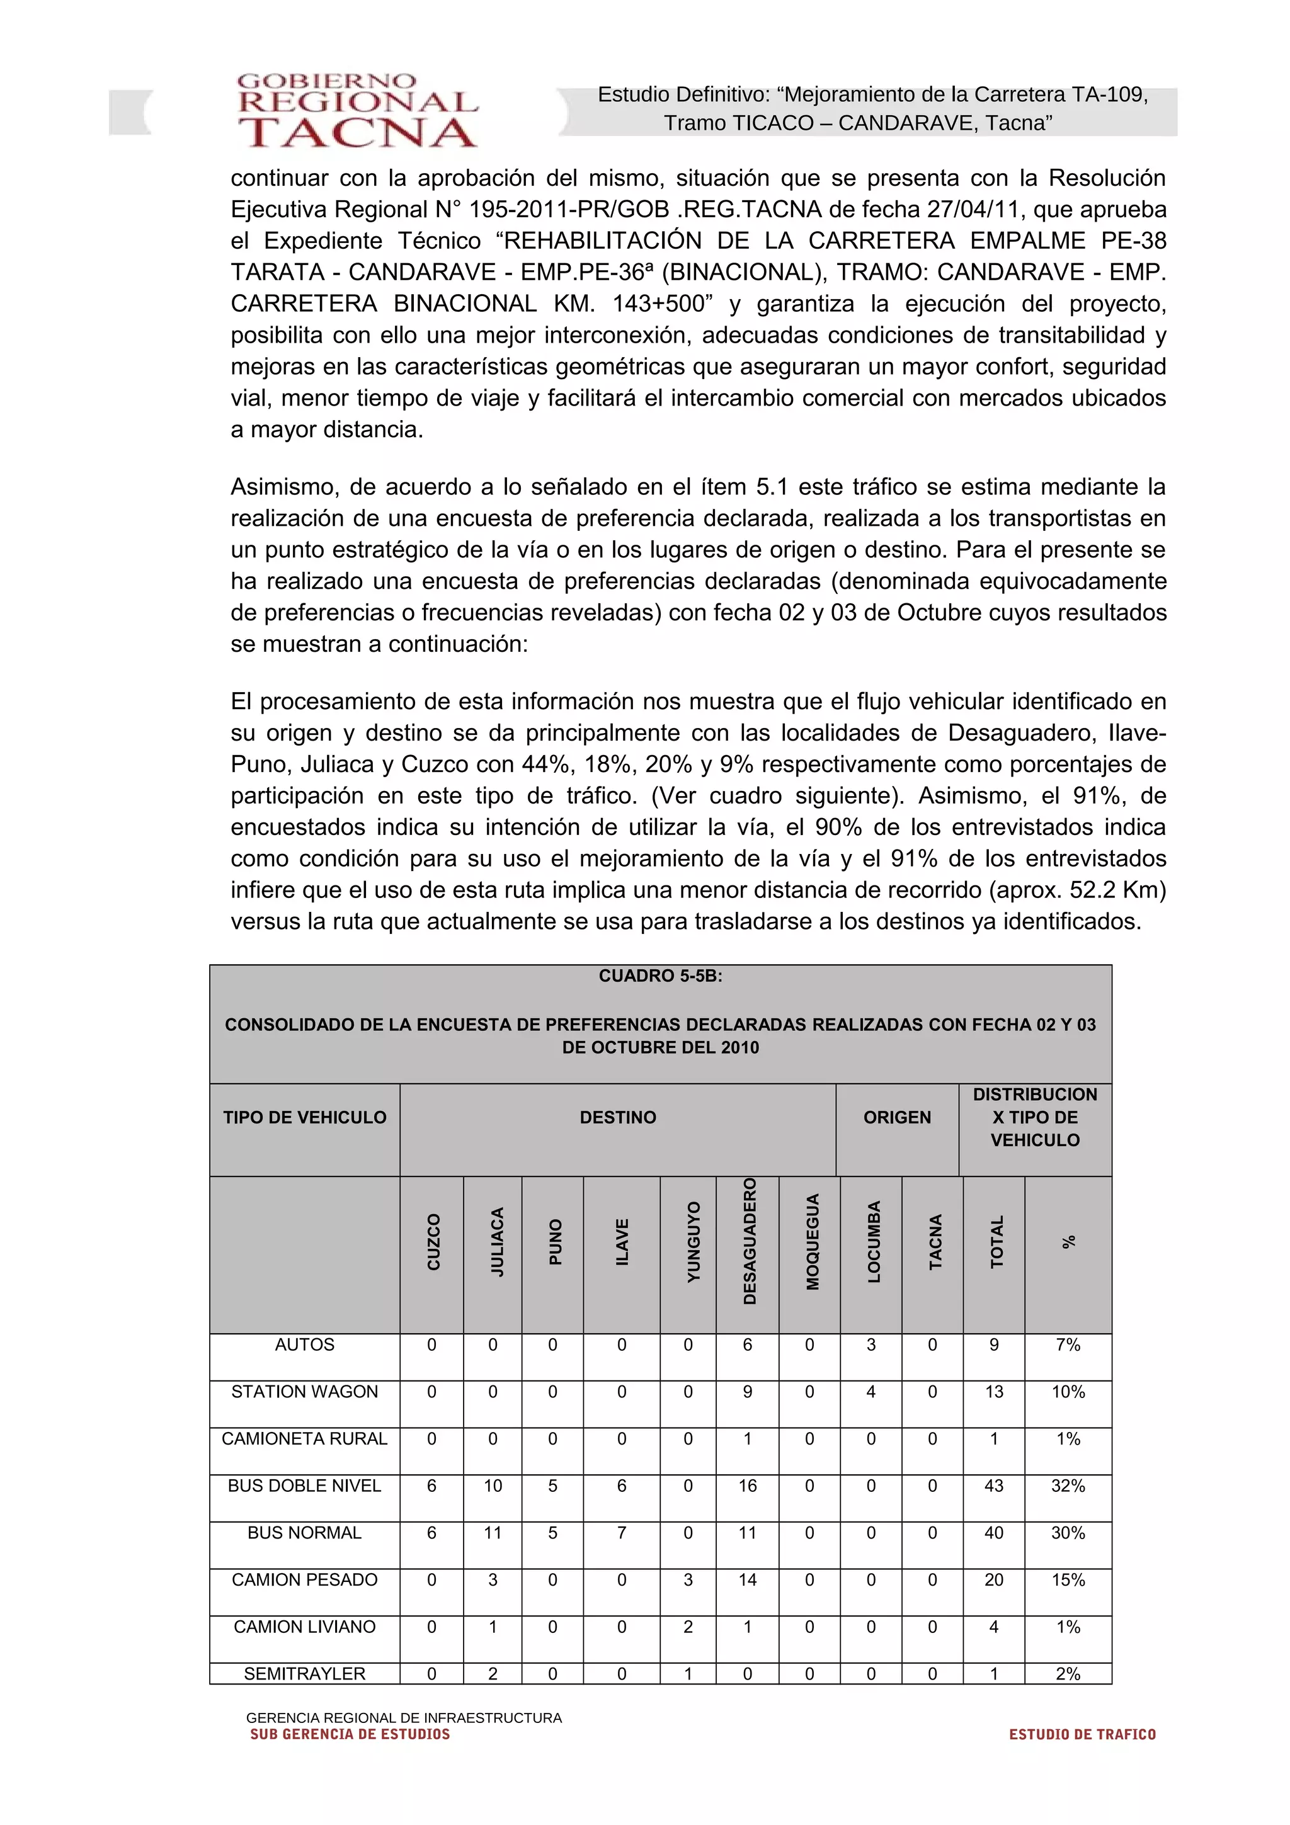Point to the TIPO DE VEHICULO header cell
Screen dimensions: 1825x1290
(x=304, y=1118)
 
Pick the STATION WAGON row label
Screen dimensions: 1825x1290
(x=304, y=1392)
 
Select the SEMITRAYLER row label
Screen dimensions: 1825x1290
(x=304, y=1674)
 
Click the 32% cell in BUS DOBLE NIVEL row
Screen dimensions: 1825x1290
(x=1068, y=1486)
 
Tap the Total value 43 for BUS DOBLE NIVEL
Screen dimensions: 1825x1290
(x=993, y=1486)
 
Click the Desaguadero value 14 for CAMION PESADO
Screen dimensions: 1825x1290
(x=747, y=1579)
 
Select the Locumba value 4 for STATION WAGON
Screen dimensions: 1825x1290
(x=870, y=1392)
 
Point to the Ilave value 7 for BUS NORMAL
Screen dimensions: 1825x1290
(x=622, y=1533)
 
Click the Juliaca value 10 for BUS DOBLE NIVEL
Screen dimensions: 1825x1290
(x=493, y=1486)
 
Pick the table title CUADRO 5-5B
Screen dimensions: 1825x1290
(x=661, y=976)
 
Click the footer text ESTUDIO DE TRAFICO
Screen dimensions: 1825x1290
(x=1082, y=1734)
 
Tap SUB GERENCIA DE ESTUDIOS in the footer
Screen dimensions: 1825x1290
(x=350, y=1734)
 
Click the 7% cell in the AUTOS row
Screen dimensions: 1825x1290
(x=1068, y=1345)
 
